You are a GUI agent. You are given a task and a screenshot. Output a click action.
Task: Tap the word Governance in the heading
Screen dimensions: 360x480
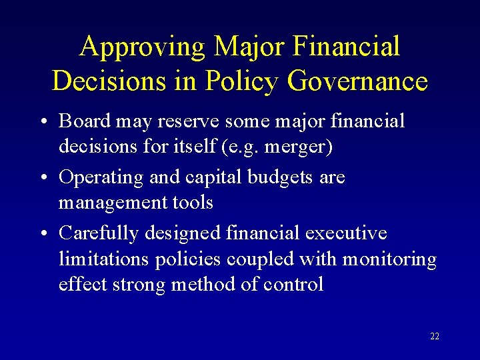tap(358, 81)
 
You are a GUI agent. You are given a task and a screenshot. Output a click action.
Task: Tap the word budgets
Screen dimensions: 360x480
tap(285, 177)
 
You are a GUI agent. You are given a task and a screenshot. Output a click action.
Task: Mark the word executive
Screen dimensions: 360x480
tap(346, 233)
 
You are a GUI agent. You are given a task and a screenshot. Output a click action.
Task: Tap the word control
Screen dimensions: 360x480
tap(293, 285)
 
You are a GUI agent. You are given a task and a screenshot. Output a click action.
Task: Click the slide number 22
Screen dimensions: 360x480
tap(435, 336)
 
